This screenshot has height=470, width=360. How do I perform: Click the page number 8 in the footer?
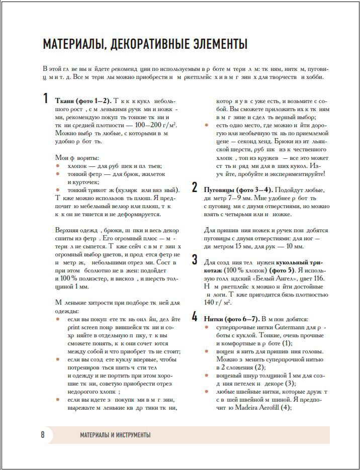pyautogui.click(x=43, y=435)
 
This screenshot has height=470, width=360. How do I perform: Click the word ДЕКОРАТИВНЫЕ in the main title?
pyautogui.click(x=147, y=45)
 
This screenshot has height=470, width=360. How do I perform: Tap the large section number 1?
pyautogui.click(x=46, y=99)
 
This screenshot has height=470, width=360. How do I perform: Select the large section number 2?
pyautogui.click(x=195, y=188)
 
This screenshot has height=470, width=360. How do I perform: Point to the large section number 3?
pyautogui.click(x=195, y=260)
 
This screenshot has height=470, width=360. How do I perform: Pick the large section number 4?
pyautogui.click(x=195, y=317)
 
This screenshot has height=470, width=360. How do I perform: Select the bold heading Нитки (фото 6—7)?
pyautogui.click(x=231, y=319)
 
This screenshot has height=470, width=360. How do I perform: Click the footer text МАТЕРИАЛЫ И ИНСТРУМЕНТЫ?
pyautogui.click(x=115, y=435)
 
